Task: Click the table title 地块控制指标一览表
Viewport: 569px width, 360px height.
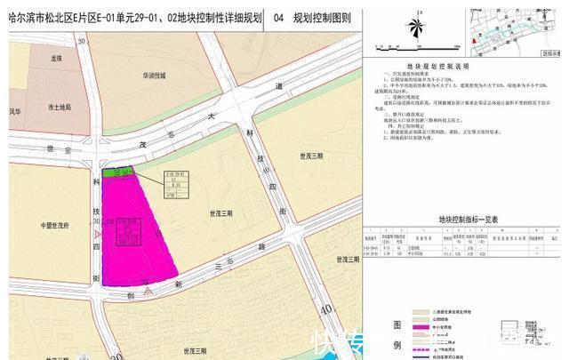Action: (469, 218)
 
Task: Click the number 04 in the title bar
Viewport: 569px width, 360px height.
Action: (280, 16)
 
